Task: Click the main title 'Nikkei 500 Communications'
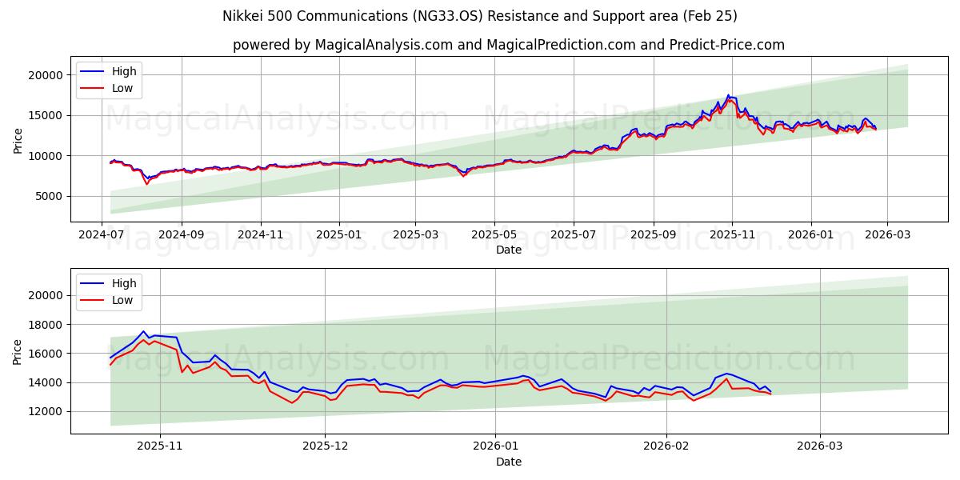(x=480, y=16)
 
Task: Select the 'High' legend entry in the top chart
(x=124, y=71)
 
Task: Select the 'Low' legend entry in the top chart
(x=122, y=88)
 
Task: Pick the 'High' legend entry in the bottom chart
(x=124, y=283)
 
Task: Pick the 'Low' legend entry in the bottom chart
(x=122, y=300)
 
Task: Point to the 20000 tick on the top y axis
(x=46, y=75)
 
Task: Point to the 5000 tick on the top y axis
(x=50, y=196)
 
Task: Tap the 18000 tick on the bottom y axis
(x=46, y=325)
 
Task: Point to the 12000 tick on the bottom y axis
(x=46, y=411)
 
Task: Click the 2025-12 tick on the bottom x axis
(x=326, y=445)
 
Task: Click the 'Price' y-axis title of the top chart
(x=18, y=140)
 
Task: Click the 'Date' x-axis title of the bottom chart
(x=509, y=462)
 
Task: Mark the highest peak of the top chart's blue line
(x=728, y=95)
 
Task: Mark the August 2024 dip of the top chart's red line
(x=146, y=184)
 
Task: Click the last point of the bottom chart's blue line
(x=770, y=391)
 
